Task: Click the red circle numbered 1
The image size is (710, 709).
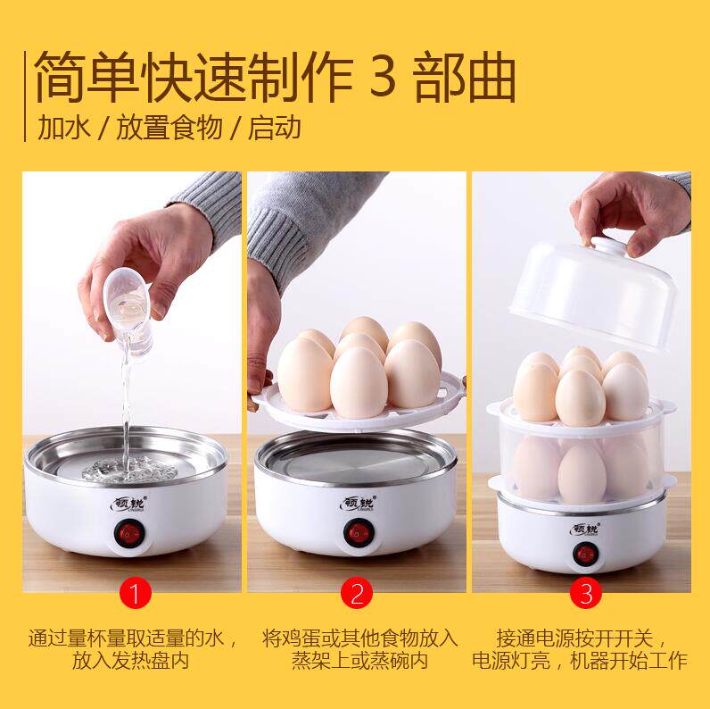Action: point(135,593)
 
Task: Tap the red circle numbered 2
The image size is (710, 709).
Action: point(357,593)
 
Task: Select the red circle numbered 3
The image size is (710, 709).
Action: point(585,593)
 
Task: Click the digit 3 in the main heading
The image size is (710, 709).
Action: point(383,75)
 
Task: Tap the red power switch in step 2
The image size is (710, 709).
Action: point(359,533)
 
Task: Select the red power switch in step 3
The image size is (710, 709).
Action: point(585,555)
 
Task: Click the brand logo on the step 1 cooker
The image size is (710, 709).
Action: point(128,504)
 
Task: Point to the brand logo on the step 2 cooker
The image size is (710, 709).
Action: point(358,504)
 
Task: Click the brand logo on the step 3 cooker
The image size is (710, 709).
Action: point(585,529)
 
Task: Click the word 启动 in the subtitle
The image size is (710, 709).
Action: point(274,128)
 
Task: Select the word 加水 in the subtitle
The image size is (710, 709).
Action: point(63,128)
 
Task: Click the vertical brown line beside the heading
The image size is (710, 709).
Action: point(25,96)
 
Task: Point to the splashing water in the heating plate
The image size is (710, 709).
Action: point(129,469)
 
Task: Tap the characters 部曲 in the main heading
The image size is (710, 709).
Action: point(465,77)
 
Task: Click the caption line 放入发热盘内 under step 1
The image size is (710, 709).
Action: point(130,661)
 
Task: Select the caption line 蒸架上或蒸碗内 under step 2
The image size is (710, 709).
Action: point(359,661)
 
